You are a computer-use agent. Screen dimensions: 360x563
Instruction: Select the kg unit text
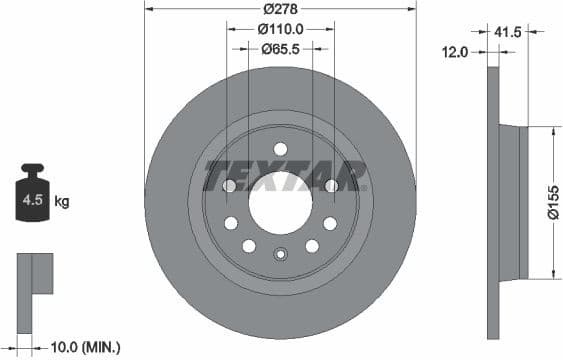[62, 202]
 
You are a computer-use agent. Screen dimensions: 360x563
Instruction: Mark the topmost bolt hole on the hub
[280, 149]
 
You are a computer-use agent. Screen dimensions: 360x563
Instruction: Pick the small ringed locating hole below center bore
[281, 254]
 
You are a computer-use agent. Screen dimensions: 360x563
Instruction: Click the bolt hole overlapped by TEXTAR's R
[331, 186]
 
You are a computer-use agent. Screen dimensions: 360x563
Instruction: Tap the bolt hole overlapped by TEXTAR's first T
[229, 186]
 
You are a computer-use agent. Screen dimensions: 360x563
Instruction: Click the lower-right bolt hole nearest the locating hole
[312, 245]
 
